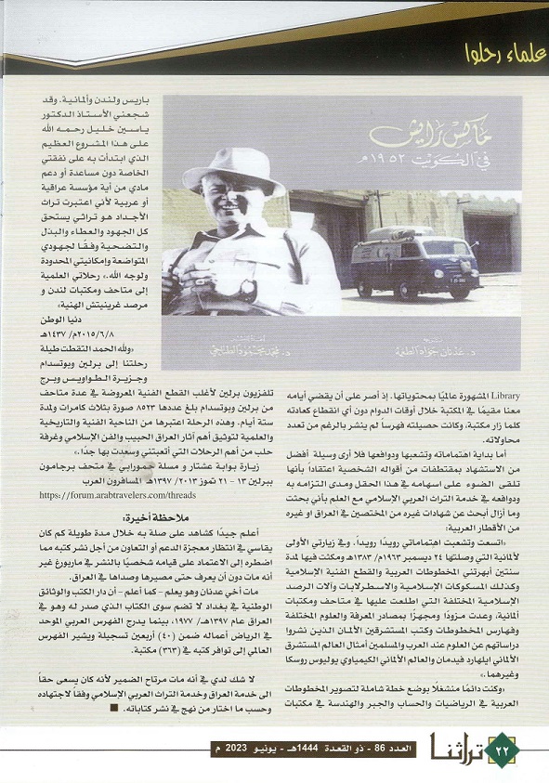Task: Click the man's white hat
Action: point(233,168)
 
